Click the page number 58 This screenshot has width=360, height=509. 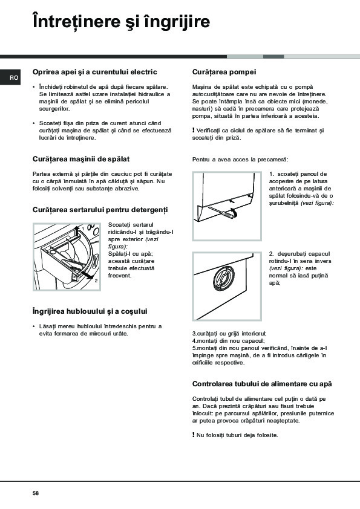36,493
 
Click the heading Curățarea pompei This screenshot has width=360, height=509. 224,72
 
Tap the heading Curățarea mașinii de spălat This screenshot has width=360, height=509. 81,159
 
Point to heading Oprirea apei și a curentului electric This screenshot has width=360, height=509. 95,72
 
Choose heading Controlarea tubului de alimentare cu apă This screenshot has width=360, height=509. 262,384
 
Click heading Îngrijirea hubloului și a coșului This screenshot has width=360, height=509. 90,311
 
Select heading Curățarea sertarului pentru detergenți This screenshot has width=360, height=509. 100,210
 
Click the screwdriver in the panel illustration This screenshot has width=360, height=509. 223,212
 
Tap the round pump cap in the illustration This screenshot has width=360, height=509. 223,279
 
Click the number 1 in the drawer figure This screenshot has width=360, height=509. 83,229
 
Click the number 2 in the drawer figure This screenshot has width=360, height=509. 96,280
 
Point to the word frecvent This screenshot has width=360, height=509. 120,276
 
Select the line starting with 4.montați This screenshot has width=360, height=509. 229,341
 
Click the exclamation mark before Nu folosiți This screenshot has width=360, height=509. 194,435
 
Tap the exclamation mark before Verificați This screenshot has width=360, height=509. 194,130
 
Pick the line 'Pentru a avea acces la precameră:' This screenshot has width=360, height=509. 240,160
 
